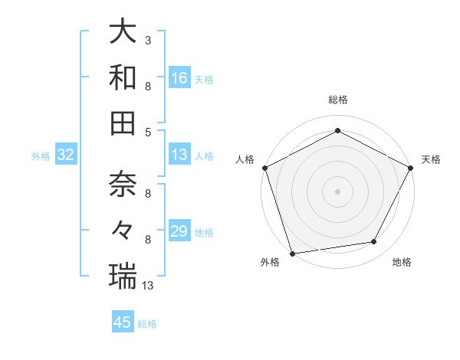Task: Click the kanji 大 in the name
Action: coord(123,32)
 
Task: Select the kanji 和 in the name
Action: coord(123,77)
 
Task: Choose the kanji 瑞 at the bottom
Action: coord(123,276)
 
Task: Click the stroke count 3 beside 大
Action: coord(147,40)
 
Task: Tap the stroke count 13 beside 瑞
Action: coord(149,285)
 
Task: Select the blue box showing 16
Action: coord(179,77)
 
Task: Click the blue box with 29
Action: coord(179,231)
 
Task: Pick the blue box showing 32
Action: coord(65,155)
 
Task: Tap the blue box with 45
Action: coord(123,322)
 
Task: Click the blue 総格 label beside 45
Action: coord(147,324)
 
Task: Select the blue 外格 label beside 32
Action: coord(41,156)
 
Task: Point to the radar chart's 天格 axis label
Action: coord(431,159)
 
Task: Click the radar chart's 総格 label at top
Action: coord(337,100)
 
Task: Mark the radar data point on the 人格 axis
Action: coord(264,167)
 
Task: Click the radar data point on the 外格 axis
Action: coord(292,254)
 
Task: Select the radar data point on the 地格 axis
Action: coord(374,242)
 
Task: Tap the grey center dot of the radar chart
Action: coord(337,191)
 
